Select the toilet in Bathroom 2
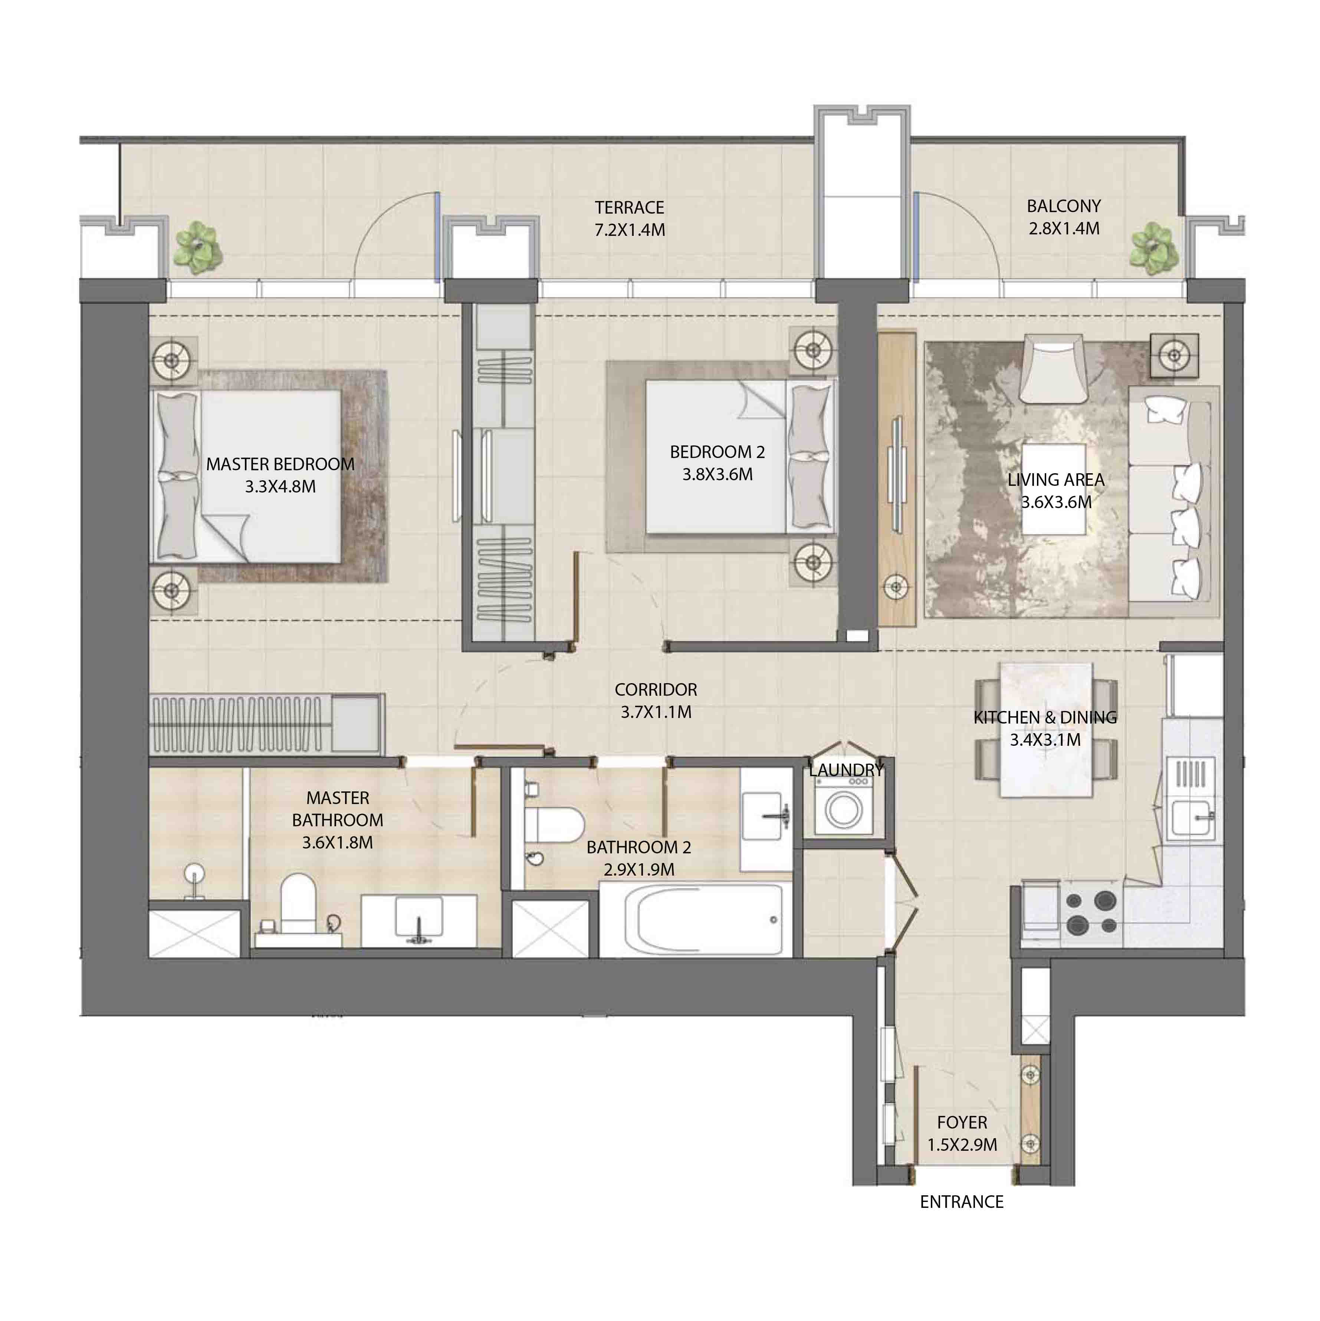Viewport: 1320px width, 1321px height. coord(553,825)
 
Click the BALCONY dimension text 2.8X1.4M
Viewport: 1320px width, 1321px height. coord(1064,228)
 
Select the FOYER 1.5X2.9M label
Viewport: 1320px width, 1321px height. coord(962,1133)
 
